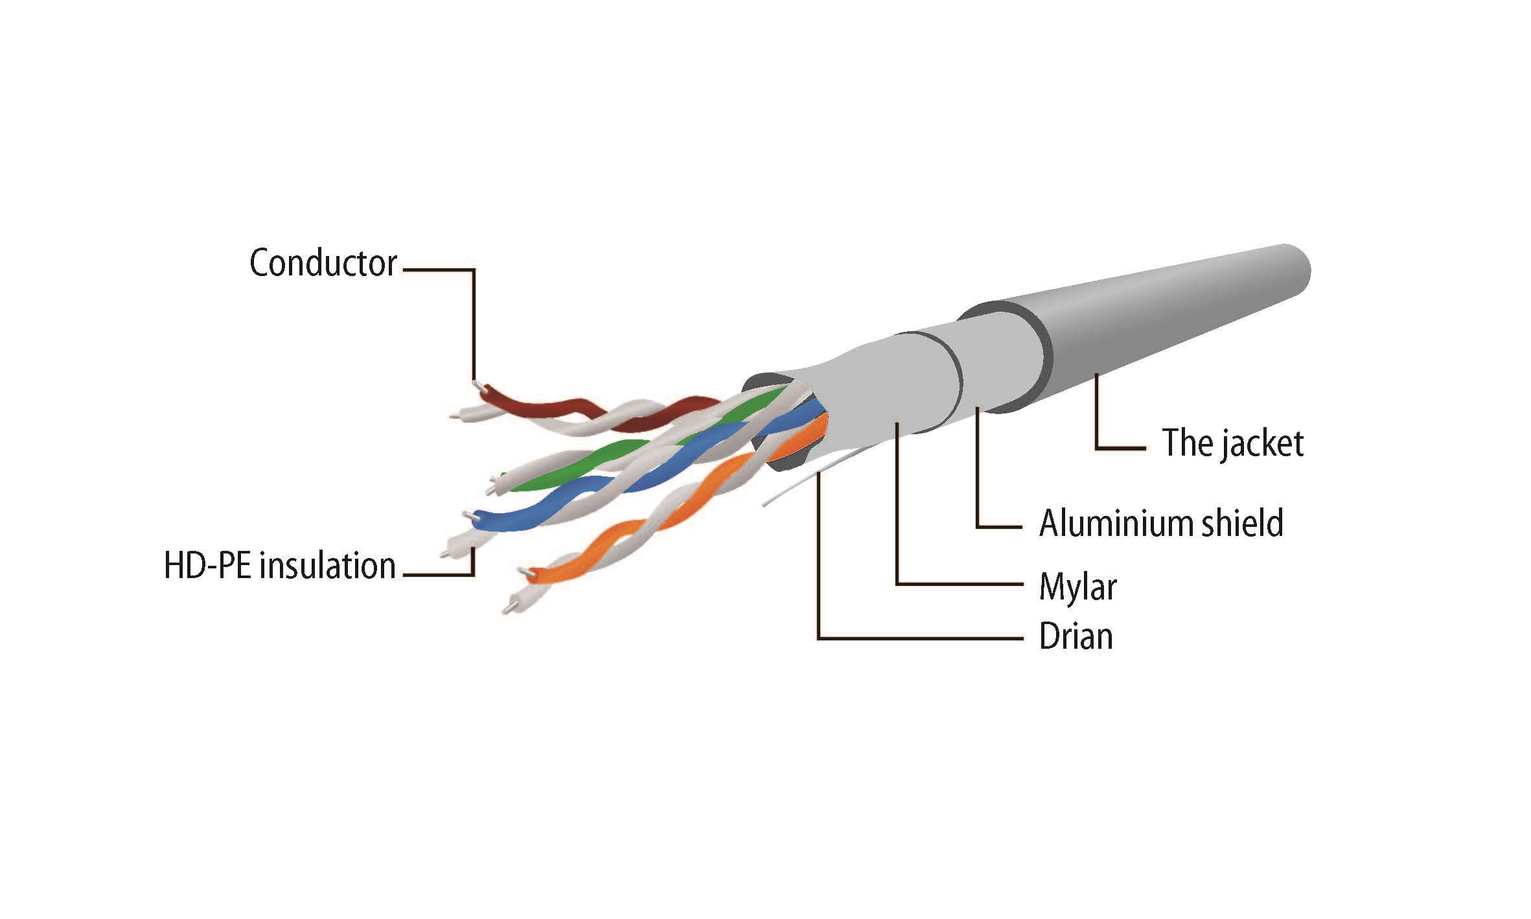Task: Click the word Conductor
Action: point(323,263)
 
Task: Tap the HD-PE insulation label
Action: point(279,565)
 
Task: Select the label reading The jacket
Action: point(1232,443)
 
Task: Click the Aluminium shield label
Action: point(1161,523)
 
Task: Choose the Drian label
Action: point(1076,636)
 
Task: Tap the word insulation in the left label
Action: point(328,565)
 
